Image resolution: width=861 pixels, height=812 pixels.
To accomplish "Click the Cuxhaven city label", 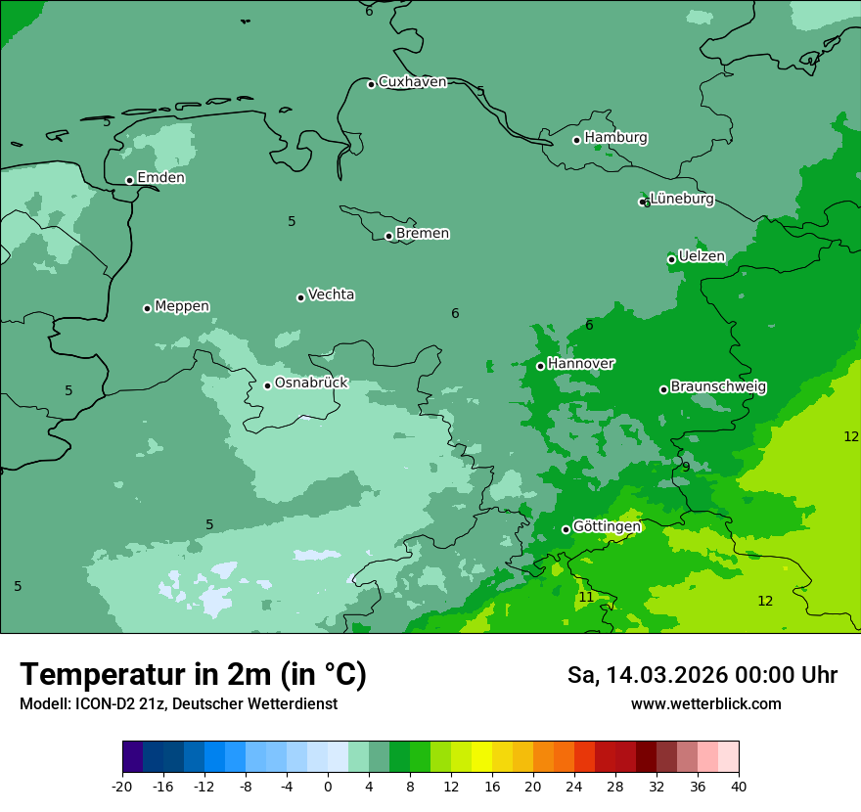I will click(x=412, y=82).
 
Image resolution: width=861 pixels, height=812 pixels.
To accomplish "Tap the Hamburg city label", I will click(x=615, y=138).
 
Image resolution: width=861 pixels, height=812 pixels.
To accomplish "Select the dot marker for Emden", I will click(x=129, y=180).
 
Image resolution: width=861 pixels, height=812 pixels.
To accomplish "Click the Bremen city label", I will click(x=423, y=234).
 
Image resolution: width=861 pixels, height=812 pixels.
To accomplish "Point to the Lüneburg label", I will click(x=682, y=200).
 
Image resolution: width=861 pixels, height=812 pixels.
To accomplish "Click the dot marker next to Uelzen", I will click(x=671, y=259).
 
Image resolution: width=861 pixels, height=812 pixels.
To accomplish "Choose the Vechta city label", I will click(x=331, y=294).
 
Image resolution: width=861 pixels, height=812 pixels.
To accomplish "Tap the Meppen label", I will click(x=182, y=306).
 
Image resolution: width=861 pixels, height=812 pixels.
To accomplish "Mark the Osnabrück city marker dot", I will click(x=267, y=385).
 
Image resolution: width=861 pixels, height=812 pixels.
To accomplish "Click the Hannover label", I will click(x=581, y=364).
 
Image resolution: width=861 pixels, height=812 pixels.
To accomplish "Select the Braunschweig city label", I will click(x=718, y=387).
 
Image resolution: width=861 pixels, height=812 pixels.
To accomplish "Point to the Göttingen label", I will click(x=607, y=527).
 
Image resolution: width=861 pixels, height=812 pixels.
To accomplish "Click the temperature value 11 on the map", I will click(x=586, y=597).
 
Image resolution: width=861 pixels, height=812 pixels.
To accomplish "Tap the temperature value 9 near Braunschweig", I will click(x=686, y=467).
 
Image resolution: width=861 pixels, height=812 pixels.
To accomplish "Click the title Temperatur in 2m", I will click(x=193, y=674).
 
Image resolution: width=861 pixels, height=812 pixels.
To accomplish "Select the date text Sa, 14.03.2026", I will click(x=648, y=675).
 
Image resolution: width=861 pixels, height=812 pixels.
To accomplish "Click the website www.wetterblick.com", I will click(x=705, y=703).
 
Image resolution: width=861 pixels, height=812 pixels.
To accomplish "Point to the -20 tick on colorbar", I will click(x=122, y=786).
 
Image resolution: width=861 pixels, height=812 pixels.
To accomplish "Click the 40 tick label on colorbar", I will click(x=738, y=786).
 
